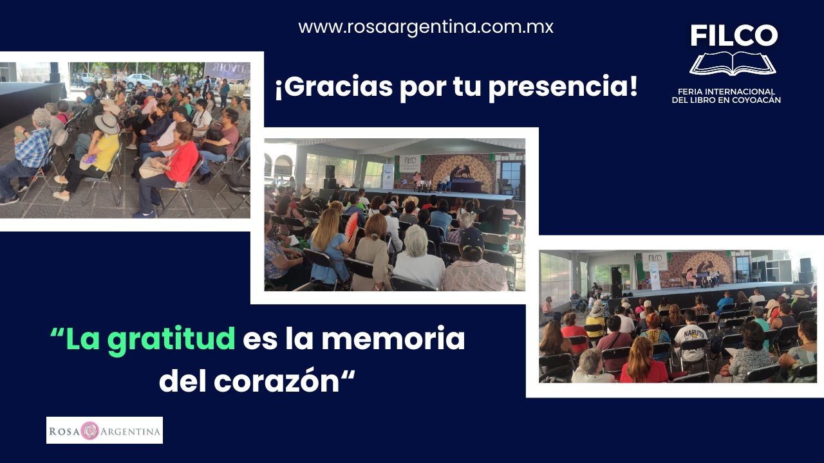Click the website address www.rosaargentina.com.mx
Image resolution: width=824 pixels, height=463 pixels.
coord(426,27)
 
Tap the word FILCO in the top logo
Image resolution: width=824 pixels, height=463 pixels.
coord(734,35)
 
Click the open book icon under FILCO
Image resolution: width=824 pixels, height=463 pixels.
coord(733,63)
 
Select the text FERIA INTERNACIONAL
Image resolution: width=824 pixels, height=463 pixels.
coord(727,91)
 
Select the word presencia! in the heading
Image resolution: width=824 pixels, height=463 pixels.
coord(563,87)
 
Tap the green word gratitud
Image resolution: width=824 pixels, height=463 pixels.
coord(171,339)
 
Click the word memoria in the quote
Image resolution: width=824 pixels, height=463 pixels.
coord(393,338)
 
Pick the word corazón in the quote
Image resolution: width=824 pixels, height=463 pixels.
coord(276,381)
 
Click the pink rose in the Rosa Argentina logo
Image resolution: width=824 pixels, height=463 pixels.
coord(89,431)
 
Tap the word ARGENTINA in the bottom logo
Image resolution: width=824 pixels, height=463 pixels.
coord(130,431)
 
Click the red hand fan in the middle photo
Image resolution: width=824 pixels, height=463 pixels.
coord(351,226)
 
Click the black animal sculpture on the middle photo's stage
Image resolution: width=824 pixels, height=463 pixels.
coord(462,172)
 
